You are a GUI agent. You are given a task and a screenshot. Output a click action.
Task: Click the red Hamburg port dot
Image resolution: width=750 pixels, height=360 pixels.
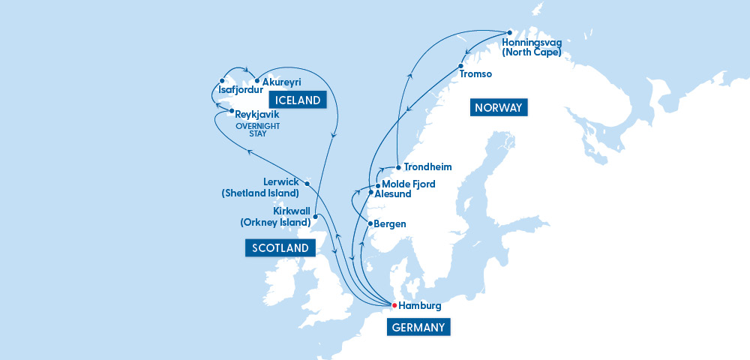click(394, 305)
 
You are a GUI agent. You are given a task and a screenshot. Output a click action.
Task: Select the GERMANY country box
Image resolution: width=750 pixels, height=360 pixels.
click(418, 327)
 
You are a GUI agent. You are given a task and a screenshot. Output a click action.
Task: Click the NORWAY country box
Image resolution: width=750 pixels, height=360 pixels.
click(498, 108)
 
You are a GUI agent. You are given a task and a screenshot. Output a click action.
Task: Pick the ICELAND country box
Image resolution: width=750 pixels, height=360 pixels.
click(298, 100)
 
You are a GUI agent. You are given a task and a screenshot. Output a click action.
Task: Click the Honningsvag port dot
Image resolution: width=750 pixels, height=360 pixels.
click(509, 33)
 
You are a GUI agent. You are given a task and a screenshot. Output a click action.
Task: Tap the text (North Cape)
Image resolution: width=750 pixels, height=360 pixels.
click(532, 52)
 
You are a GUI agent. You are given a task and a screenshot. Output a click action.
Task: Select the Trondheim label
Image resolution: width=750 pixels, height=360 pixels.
click(428, 167)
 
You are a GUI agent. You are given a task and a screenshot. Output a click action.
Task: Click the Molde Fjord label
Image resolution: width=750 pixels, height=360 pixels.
click(408, 184)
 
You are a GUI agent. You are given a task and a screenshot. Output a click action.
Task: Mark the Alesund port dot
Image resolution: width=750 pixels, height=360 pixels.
click(370, 193)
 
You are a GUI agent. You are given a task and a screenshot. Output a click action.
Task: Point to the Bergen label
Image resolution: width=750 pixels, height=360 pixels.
click(390, 223)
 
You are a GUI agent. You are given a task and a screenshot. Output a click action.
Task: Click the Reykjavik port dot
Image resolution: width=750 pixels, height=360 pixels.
click(232, 111)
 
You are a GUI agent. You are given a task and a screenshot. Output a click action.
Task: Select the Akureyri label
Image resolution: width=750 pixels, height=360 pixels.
click(281, 82)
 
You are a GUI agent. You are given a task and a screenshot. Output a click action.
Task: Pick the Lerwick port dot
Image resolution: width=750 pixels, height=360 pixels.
click(307, 181)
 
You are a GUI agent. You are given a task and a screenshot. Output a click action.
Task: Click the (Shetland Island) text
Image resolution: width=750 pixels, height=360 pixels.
click(260, 193)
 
